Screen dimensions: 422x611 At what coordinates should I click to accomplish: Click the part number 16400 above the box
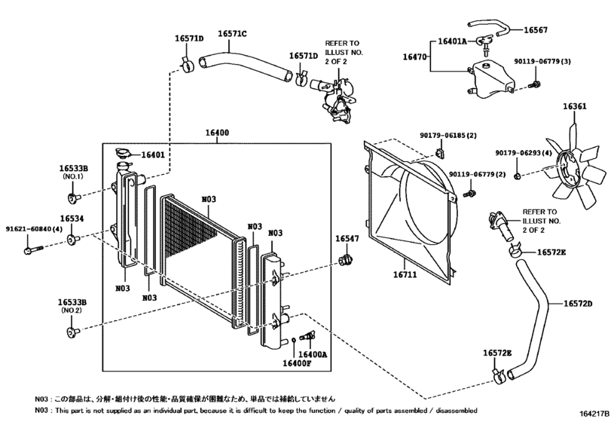pos(218,133)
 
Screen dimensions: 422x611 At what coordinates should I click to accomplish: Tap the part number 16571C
pos(233,34)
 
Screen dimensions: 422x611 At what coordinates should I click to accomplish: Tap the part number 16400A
pos(312,353)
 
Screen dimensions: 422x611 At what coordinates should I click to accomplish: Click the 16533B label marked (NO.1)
pos(73,170)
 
